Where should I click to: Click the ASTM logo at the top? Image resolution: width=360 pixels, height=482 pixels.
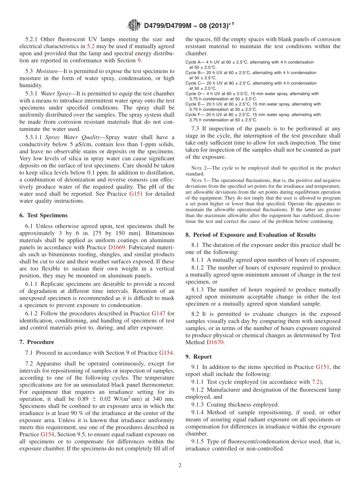point(134,25)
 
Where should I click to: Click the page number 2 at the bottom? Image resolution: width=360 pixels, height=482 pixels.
point(180,465)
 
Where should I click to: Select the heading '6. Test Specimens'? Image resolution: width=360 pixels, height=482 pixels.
point(43,215)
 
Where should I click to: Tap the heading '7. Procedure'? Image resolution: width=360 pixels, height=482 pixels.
point(36,342)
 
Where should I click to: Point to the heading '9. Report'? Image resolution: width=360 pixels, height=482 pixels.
point(199,357)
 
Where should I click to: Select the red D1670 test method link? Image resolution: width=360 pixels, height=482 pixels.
point(215,342)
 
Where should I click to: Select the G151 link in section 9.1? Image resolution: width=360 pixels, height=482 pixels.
point(322,367)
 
